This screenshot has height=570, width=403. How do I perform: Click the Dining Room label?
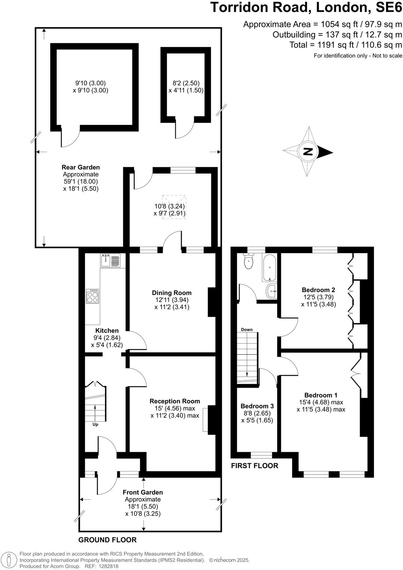(172, 293)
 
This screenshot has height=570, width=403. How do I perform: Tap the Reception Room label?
(175, 401)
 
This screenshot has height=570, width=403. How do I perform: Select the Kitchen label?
(107, 331)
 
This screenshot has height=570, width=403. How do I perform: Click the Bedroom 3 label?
(257, 406)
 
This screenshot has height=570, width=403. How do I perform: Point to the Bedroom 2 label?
(318, 290)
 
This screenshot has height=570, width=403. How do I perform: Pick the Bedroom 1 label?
(321, 395)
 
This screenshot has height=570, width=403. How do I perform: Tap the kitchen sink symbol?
(110, 260)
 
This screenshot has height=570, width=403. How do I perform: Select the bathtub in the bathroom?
(269, 268)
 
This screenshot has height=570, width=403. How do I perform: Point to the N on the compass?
(308, 152)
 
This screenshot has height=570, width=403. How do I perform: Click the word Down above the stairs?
(247, 329)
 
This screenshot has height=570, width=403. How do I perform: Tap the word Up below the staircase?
(95, 424)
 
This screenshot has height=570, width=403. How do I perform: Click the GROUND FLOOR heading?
(107, 540)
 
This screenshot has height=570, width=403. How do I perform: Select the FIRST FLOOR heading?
(254, 466)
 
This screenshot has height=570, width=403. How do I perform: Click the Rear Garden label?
(81, 167)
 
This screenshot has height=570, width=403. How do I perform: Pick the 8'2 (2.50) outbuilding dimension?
(186, 83)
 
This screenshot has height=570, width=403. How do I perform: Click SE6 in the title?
(387, 7)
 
